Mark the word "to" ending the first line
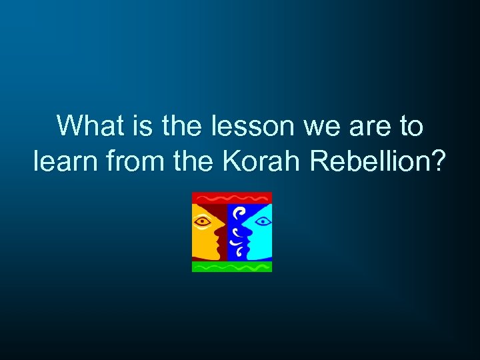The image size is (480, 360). (410, 125)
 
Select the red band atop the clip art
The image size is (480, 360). (232, 197)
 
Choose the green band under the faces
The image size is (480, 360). (232, 266)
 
